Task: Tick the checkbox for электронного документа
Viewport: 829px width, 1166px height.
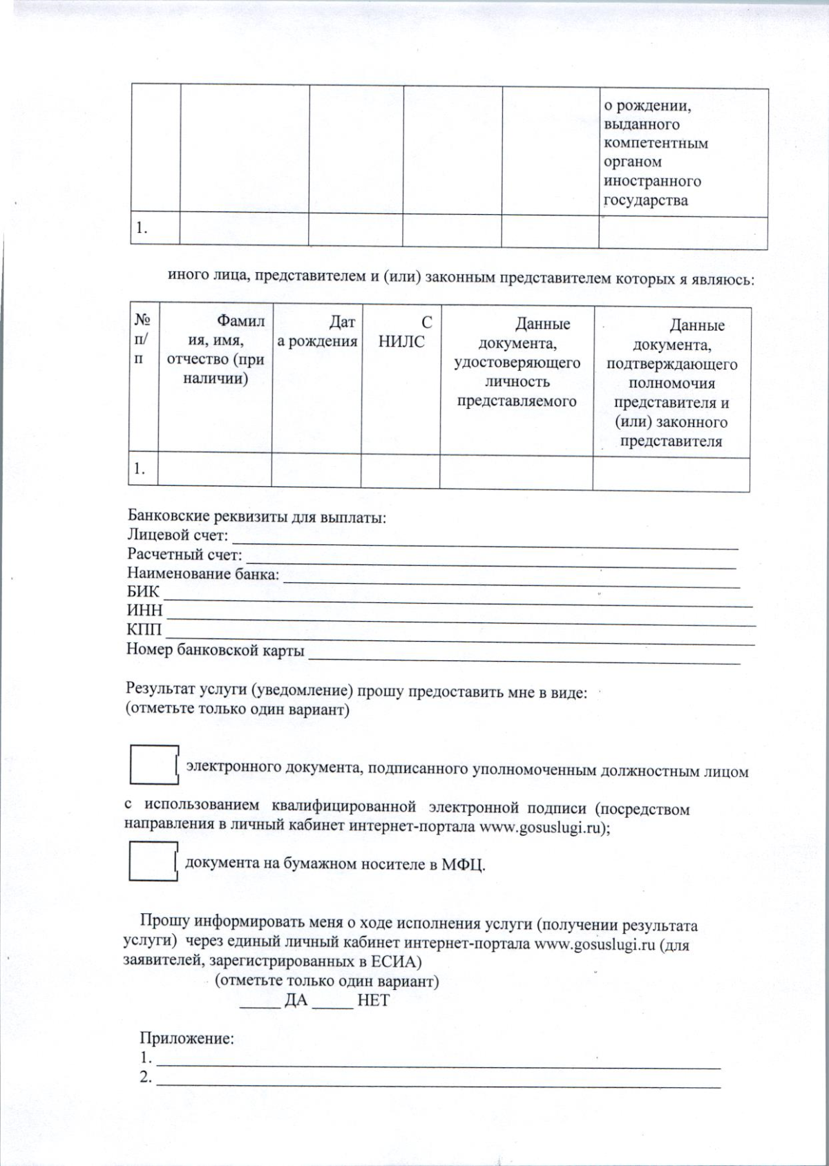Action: pos(153,765)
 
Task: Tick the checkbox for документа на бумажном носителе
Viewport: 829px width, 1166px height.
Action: pos(153,861)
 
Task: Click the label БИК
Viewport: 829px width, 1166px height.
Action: pos(143,592)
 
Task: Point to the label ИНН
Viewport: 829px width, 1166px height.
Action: pos(144,611)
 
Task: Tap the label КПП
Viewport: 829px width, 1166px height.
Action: pos(144,630)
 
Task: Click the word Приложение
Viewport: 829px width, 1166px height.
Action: pos(187,1038)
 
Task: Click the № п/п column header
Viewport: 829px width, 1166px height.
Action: pos(144,339)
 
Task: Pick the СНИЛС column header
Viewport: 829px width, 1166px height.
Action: pos(401,332)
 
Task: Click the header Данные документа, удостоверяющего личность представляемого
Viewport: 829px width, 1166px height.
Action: pos(517,363)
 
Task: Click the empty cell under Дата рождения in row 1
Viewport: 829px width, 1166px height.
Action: pos(316,470)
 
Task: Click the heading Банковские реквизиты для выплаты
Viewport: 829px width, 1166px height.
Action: pos(256,517)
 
